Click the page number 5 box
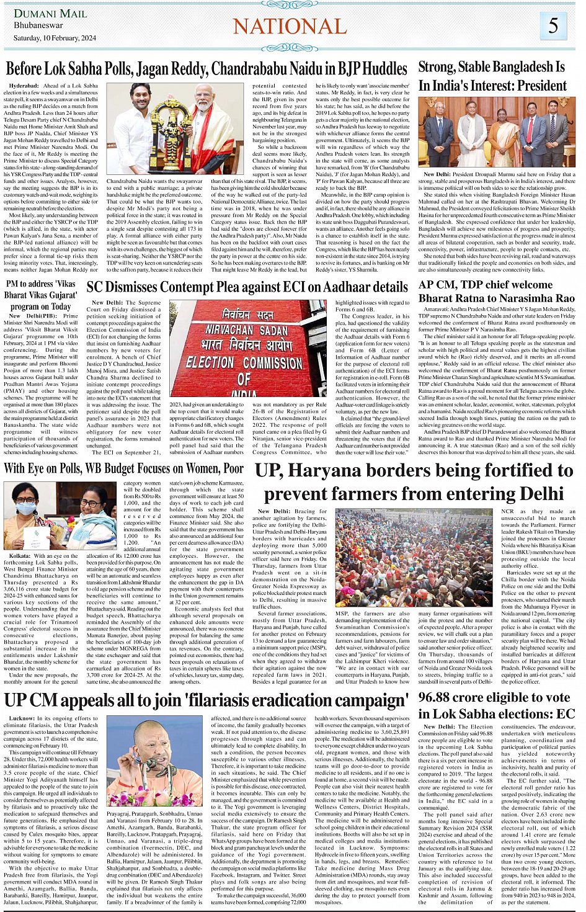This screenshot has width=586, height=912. (553, 26)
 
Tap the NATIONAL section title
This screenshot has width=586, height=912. (290, 26)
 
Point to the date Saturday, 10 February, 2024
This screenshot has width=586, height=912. (55, 38)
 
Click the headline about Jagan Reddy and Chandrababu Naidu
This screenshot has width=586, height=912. (206, 68)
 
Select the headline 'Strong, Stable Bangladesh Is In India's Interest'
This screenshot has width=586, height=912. (492, 76)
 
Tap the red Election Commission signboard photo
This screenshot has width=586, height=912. (247, 349)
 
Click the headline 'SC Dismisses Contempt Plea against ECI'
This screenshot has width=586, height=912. (247, 287)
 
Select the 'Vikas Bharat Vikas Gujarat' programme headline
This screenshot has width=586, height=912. (41, 295)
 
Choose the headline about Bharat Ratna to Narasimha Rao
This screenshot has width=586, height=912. (497, 292)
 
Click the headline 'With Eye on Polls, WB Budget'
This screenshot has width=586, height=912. (124, 468)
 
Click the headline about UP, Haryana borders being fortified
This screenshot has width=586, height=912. (414, 481)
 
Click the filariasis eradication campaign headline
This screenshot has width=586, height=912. (206, 700)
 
